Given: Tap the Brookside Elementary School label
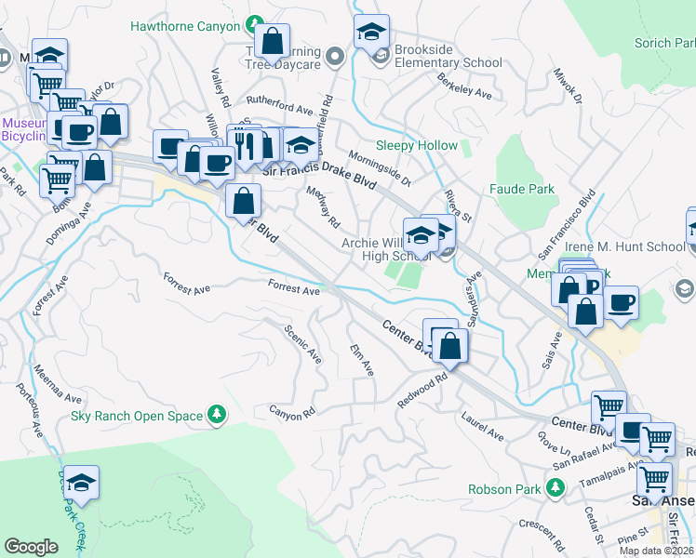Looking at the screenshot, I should (448, 56).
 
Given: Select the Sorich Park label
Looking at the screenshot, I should (664, 43).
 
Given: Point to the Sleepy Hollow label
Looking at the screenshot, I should (417, 145).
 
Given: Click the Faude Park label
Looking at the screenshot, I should (521, 189).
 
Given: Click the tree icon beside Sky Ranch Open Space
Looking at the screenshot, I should (217, 416).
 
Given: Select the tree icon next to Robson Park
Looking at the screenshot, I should (555, 486).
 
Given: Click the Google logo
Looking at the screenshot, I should (32, 546).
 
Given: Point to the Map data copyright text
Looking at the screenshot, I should (657, 551).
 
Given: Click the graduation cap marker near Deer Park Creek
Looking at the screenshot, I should (81, 483).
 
